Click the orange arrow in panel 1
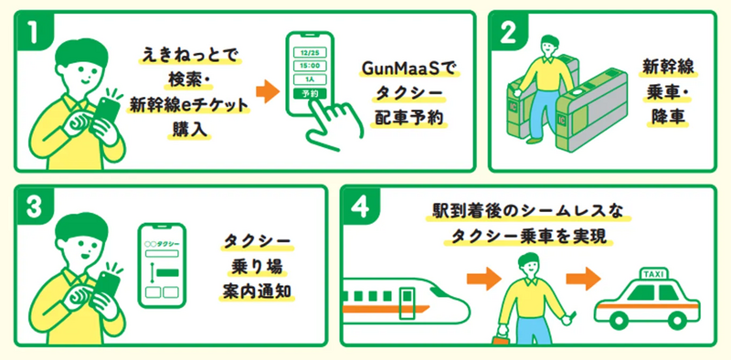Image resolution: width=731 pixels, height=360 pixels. point(266,92)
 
